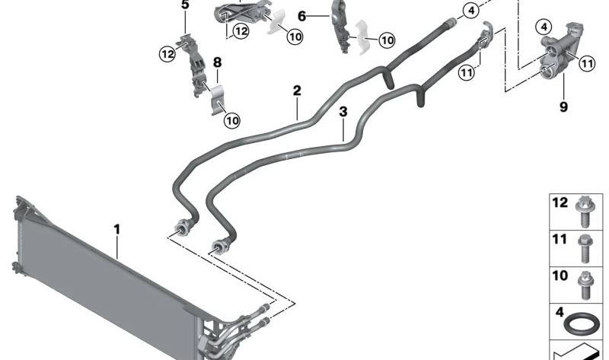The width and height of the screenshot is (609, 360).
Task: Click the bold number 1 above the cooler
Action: [117, 230]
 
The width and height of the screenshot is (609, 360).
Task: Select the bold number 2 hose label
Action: [297, 91]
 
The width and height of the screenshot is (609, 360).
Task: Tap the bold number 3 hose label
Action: [343, 112]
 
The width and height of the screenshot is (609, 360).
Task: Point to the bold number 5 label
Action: [185, 5]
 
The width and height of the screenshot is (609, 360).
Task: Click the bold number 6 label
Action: [301, 16]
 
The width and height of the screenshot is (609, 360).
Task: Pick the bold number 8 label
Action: [217, 62]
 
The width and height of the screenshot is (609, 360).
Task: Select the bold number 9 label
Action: [563, 107]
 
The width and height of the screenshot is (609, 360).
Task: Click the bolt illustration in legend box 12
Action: [584, 212]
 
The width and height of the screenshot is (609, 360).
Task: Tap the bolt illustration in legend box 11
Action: [585, 249]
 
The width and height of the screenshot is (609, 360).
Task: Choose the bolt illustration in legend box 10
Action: [585, 285]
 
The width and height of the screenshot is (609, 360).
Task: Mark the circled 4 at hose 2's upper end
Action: [471, 11]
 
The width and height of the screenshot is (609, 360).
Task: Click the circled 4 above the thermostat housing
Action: [544, 27]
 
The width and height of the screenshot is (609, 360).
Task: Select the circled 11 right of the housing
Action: [587, 63]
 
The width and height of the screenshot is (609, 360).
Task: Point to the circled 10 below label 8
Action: [232, 120]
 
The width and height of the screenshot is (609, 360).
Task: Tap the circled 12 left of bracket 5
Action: [167, 54]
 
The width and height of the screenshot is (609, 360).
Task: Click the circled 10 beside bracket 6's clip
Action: [387, 40]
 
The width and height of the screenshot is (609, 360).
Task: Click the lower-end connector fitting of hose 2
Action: [183, 226]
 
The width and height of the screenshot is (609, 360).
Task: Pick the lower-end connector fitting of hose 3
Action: [219, 245]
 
